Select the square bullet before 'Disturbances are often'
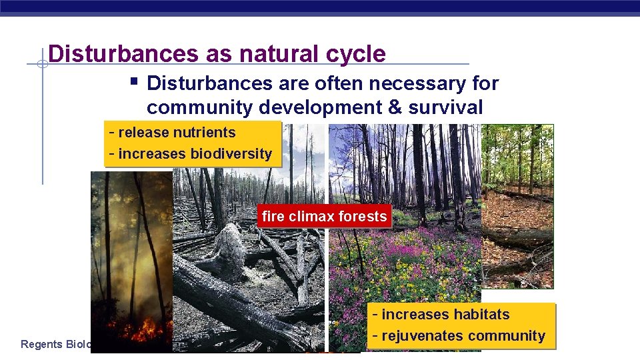pos(134,83)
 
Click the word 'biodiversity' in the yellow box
pos(231,154)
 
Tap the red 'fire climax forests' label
pos(324,216)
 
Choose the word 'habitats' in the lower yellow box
pos(478,315)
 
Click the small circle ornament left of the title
pos(41,65)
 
